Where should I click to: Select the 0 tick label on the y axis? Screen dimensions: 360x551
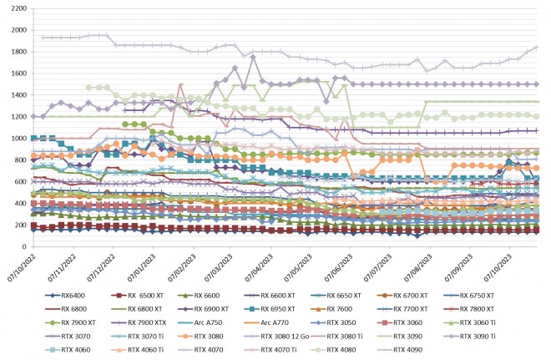pyautogui.click(x=23, y=247)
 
